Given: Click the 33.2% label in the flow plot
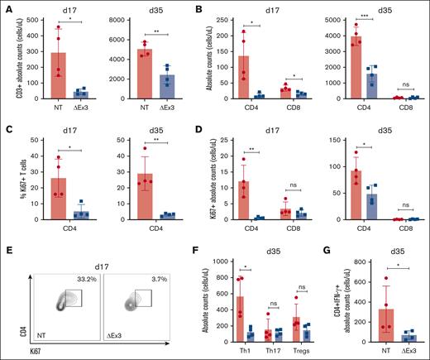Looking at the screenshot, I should click(x=86, y=279).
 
